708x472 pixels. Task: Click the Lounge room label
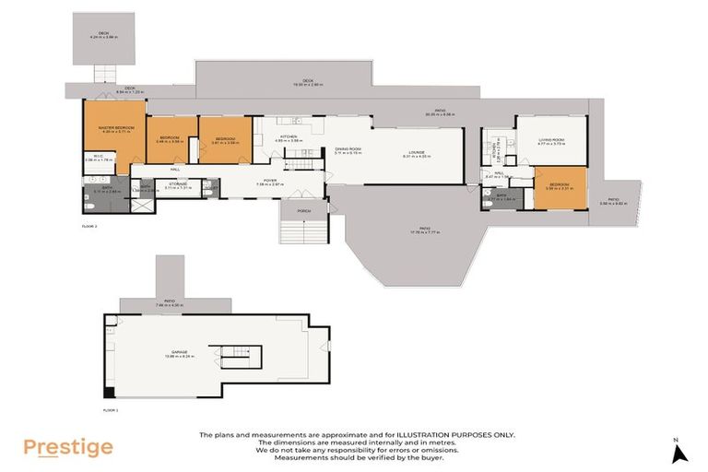tap(417, 153)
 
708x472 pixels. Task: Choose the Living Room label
tap(550, 141)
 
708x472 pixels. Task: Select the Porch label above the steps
tap(304, 211)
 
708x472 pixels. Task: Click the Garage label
tap(180, 353)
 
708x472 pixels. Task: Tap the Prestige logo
tap(68, 448)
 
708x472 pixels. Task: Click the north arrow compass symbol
tap(679, 453)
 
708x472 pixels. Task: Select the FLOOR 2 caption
tap(90, 225)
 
